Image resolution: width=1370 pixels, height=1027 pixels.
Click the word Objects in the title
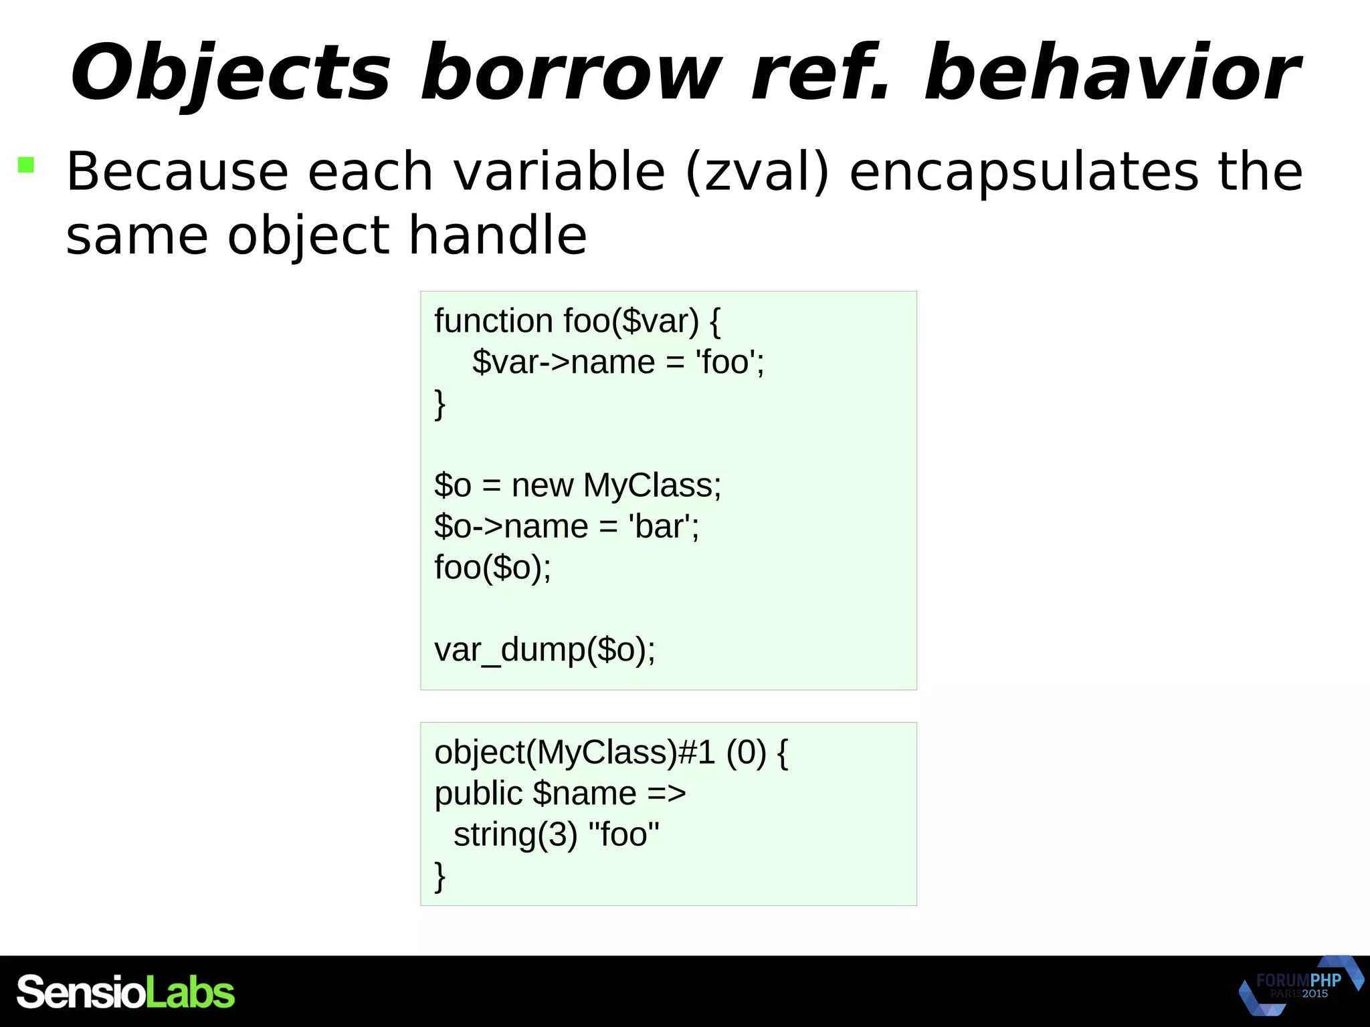[x=231, y=74]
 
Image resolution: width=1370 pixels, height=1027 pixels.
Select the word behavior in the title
[x=1110, y=74]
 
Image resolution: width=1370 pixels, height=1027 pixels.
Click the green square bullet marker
[x=26, y=164]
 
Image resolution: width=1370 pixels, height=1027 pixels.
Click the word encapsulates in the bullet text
[x=1023, y=173]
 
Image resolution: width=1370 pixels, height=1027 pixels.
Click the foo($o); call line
[x=492, y=568]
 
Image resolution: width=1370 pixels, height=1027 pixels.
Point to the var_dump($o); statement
[x=545, y=650]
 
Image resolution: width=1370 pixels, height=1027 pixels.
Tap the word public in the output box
[x=478, y=794]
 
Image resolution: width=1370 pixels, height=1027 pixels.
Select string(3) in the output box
[x=515, y=835]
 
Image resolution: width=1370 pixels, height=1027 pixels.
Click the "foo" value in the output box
[x=623, y=835]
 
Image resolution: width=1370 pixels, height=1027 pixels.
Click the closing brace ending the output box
[x=439, y=876]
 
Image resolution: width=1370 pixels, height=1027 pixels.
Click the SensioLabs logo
[x=126, y=992]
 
